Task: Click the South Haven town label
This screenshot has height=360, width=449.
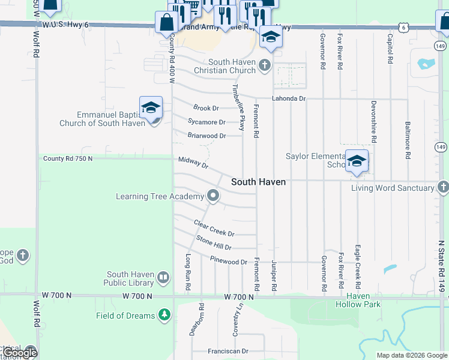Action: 258,182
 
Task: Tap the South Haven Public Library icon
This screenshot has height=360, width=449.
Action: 163,278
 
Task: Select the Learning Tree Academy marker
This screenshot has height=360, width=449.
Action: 212,196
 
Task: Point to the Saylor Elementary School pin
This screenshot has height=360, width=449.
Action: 357,161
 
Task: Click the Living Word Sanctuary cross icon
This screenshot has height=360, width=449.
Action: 443,188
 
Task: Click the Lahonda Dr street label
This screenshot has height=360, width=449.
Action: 289,98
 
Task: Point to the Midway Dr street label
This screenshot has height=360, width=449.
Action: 193,162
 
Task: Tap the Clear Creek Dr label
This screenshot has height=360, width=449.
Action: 214,228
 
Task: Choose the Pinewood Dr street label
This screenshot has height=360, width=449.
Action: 229,262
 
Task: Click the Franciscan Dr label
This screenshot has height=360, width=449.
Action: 228,352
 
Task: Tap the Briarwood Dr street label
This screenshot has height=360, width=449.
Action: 206,136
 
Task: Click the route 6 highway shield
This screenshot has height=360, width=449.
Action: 405,28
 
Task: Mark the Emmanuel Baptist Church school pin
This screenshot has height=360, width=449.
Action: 151,109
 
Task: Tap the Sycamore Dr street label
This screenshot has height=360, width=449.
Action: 206,122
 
